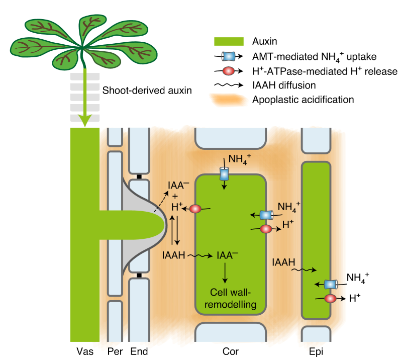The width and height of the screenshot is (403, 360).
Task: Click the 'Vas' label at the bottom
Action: pos(85,351)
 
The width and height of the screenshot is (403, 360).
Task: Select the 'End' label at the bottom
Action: pos(139,351)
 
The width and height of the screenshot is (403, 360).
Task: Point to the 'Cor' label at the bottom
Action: pos(231,351)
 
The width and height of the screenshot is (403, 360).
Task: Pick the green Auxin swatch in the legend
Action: pos(230,41)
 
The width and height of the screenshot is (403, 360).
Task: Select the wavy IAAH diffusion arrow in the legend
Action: pos(230,85)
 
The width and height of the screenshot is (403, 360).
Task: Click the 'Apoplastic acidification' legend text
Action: pos(305,100)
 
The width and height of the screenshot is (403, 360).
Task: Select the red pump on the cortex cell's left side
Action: pos(194,209)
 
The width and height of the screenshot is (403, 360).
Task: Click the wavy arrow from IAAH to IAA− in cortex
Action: pos(202,256)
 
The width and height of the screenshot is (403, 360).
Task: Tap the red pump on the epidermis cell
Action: pos(330,299)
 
